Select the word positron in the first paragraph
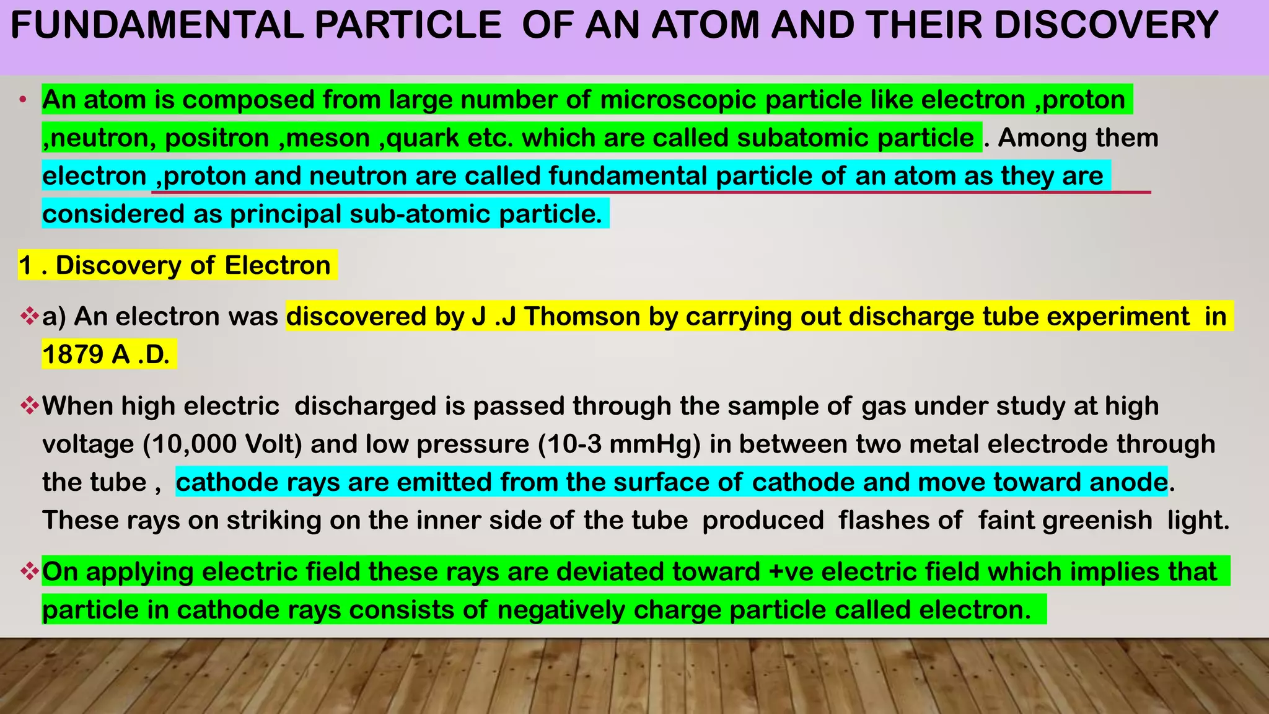click(217, 138)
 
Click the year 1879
click(72, 355)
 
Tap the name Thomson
click(582, 317)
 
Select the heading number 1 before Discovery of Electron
click(25, 265)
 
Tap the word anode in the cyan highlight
click(1128, 482)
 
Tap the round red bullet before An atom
click(23, 100)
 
